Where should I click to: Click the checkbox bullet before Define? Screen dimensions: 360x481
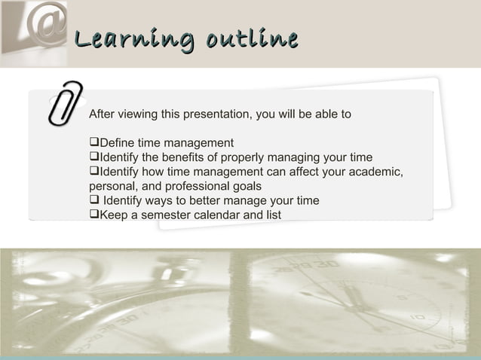pyautogui.click(x=93, y=143)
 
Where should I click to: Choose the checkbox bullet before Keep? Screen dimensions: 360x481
pyautogui.click(x=93, y=215)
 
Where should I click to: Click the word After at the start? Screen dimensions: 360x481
pyautogui.click(x=102, y=114)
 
